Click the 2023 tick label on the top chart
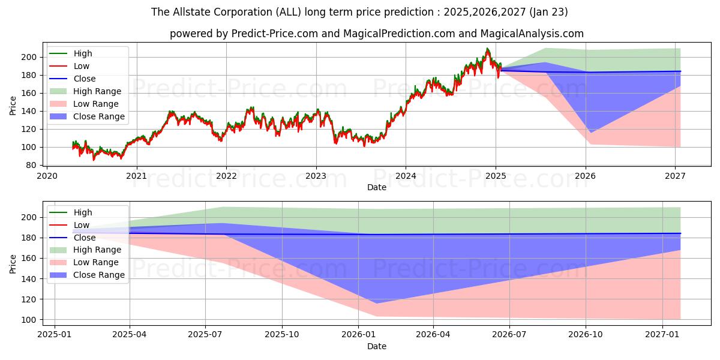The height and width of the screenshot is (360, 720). tap(316, 176)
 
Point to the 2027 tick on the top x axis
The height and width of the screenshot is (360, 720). tap(676, 176)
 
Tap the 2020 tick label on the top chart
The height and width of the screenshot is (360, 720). tap(47, 176)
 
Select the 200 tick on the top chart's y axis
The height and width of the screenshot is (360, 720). tap(32, 57)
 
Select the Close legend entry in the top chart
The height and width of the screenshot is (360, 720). tap(85, 79)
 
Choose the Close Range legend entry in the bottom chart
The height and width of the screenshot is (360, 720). tap(99, 275)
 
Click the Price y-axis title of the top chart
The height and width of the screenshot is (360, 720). tap(13, 105)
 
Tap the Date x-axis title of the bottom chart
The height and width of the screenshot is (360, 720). tap(376, 346)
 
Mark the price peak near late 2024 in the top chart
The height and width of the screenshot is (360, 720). tap(487, 49)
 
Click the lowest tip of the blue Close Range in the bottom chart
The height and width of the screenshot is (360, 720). tap(376, 303)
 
